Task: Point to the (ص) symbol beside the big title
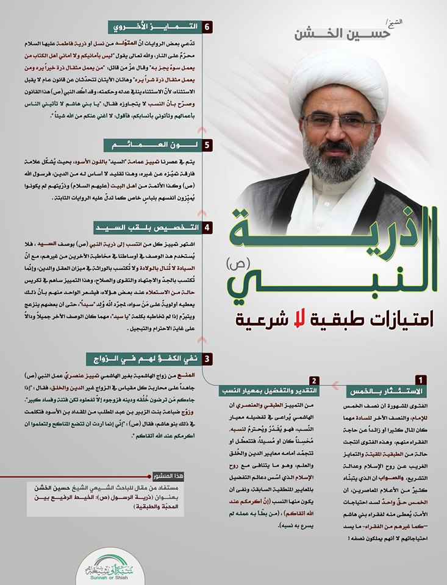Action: tap(234, 266)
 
